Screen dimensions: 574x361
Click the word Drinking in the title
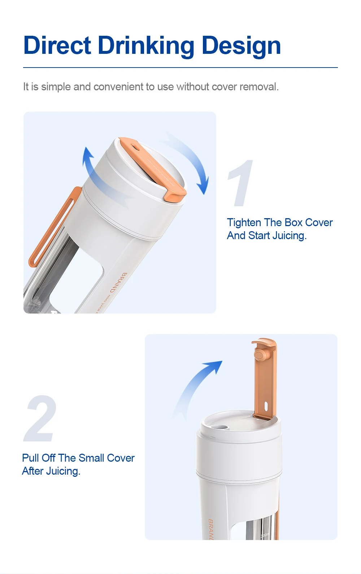click(x=146, y=46)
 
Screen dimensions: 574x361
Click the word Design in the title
click(x=241, y=46)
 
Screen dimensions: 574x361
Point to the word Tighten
click(x=244, y=223)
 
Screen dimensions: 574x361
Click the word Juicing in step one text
click(x=289, y=236)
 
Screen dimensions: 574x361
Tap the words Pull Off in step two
click(x=39, y=458)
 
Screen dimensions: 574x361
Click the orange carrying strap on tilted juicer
click(x=54, y=228)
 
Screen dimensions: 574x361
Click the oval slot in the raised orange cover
click(x=266, y=406)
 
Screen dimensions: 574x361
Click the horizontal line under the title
click(x=180, y=68)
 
